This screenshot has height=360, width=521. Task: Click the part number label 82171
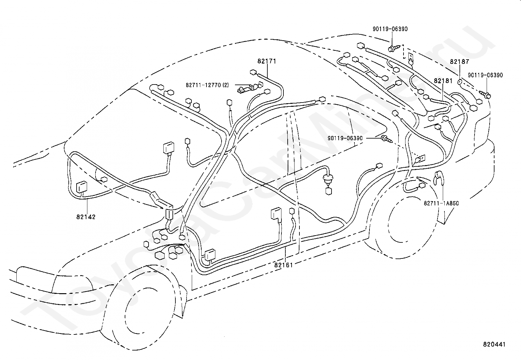(266, 61)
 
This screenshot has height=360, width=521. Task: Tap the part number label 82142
(86, 217)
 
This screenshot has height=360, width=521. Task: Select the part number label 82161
(283, 265)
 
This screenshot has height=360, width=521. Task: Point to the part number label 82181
(443, 81)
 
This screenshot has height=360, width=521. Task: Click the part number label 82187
(459, 62)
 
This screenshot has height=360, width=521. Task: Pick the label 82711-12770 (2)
(207, 85)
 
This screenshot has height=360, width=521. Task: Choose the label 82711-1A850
(441, 203)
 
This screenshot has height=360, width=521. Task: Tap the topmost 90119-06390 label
(390, 29)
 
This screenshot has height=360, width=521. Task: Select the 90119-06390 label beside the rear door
(345, 138)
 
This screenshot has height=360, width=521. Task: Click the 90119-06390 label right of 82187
(485, 75)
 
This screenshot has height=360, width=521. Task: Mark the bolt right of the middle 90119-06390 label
(386, 139)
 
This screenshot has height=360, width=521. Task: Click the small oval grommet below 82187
(459, 82)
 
